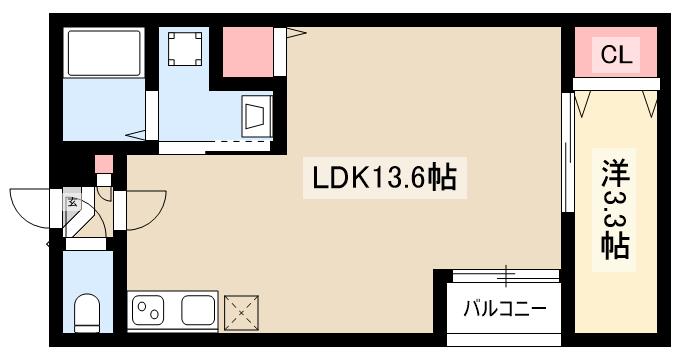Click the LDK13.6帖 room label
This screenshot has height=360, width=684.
click(x=385, y=179)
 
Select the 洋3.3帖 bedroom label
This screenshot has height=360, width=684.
click(x=614, y=209)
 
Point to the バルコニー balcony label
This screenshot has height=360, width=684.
click(x=504, y=309)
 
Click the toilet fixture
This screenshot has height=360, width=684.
click(x=88, y=311)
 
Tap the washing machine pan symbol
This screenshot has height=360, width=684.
click(x=185, y=49)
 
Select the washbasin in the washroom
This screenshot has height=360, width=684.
click(x=255, y=114)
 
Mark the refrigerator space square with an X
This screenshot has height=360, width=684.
click(x=241, y=313)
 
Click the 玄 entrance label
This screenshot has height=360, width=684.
click(x=72, y=202)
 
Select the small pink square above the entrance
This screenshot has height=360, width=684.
click(x=103, y=166)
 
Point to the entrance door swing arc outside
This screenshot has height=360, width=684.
click(x=30, y=210)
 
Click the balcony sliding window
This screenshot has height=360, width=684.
click(x=504, y=274)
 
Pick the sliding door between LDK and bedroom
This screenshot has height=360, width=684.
click(x=567, y=150)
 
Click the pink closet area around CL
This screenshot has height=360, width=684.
click(x=616, y=50)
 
